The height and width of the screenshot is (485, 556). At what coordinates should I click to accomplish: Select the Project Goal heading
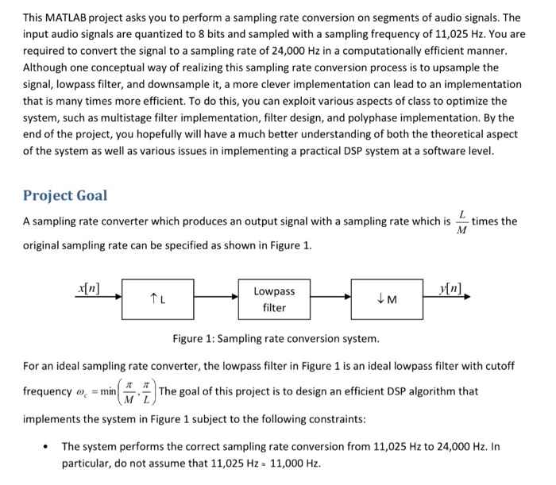point(65,195)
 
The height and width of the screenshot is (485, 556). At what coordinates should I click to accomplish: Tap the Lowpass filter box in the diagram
point(274,299)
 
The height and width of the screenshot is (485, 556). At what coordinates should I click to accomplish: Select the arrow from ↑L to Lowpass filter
point(216,298)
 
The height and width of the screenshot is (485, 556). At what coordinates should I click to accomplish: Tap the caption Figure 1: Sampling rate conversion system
point(276,340)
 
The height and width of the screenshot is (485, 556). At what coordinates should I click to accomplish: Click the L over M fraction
point(461,223)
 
